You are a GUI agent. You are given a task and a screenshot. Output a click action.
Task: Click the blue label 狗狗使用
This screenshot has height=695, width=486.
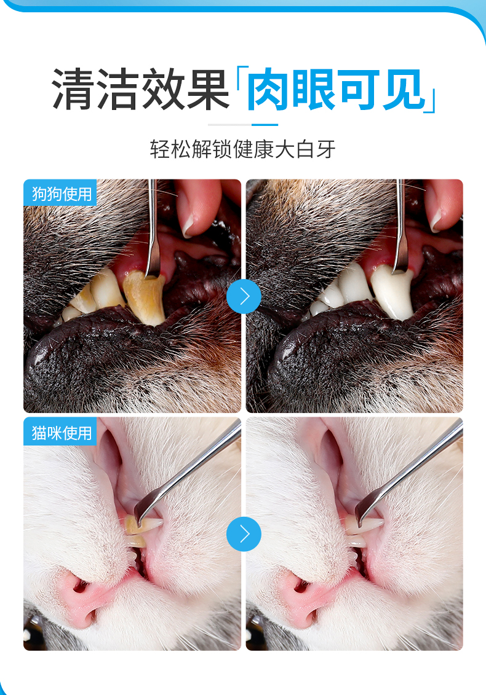coord(60,193)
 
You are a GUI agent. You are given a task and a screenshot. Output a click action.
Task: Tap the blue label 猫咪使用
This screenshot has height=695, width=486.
coord(60,431)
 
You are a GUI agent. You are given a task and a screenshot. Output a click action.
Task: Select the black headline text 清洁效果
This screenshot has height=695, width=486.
coord(141,90)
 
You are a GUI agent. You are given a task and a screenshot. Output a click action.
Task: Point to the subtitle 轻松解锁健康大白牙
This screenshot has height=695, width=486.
coord(243,149)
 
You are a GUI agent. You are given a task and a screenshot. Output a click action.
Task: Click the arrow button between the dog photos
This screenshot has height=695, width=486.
coord(244,297)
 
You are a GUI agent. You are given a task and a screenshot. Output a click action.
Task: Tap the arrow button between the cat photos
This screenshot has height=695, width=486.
coord(244,534)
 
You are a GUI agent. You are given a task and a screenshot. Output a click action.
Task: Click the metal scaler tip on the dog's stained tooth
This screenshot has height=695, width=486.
coord(152,270)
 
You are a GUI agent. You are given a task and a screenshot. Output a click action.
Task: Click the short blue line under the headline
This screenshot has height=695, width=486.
coord(265,125)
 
